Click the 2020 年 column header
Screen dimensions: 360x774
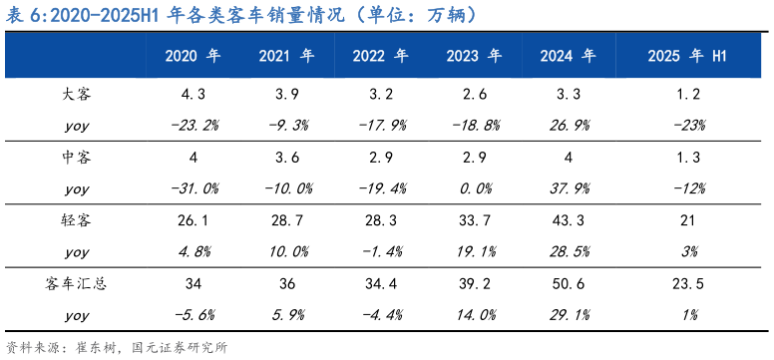(193, 56)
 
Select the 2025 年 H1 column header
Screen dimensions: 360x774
(688, 56)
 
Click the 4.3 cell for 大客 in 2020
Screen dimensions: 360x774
(193, 95)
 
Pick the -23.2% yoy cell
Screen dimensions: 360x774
(193, 126)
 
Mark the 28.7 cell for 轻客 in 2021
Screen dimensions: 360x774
(286, 220)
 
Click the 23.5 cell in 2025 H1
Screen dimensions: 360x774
(688, 284)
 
